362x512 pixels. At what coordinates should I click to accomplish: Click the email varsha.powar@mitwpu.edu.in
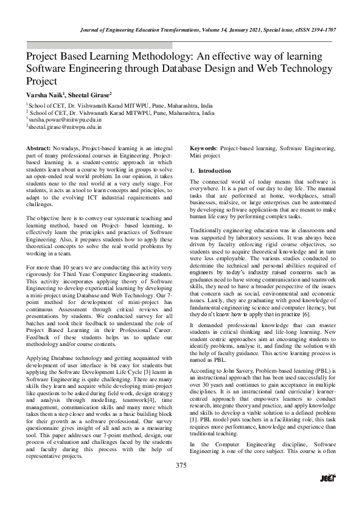[x=65, y=120]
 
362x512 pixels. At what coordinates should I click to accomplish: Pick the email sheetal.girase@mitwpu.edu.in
[x=66, y=128]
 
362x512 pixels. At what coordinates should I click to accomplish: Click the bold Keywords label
[x=203, y=148]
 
